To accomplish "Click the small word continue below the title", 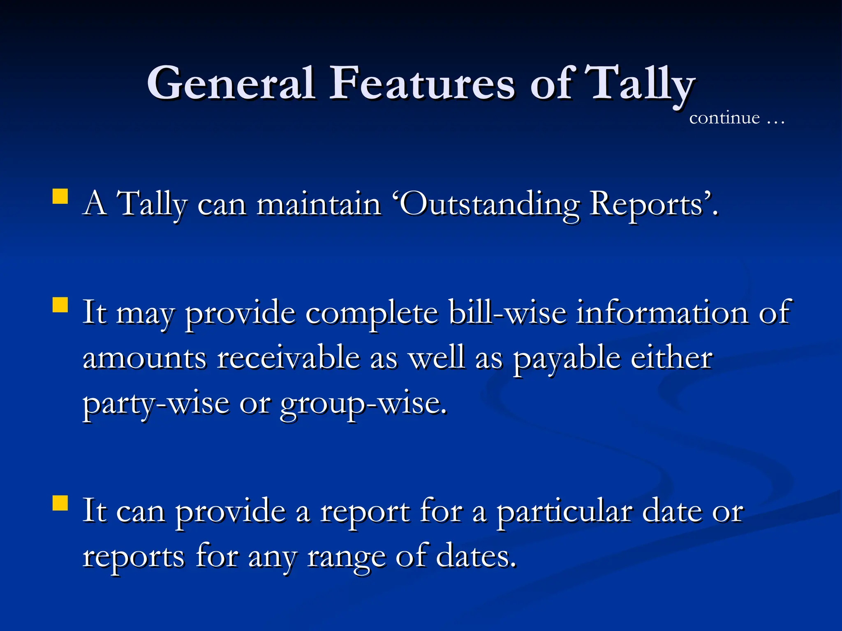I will [724, 118].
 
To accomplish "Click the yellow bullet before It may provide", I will [60, 305].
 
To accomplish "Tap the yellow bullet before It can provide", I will [60, 503].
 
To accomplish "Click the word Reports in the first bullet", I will [648, 204].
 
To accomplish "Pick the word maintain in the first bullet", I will [319, 204].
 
